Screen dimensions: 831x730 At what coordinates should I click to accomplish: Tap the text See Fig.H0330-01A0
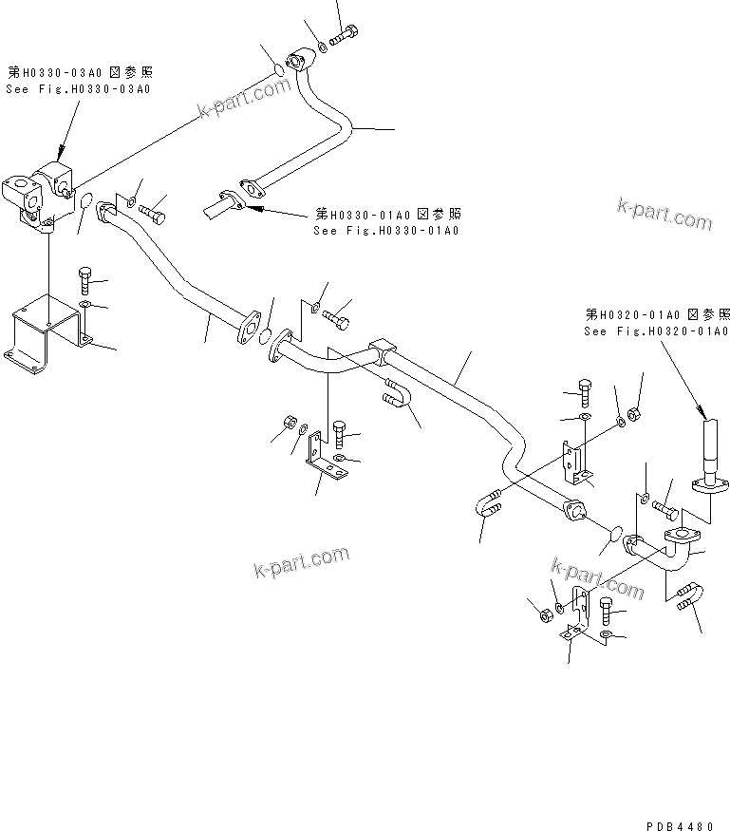click(x=386, y=231)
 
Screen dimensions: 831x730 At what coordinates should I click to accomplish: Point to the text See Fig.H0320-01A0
click(x=656, y=331)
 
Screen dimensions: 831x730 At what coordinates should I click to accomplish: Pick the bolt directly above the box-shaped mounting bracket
click(x=84, y=279)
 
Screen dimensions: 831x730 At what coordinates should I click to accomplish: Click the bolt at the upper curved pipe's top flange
click(x=345, y=33)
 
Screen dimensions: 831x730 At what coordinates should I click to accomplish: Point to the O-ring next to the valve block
click(x=84, y=206)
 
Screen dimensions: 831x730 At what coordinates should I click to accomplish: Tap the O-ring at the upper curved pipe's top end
click(x=280, y=70)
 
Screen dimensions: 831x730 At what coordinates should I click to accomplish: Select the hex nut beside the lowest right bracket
click(x=545, y=615)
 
